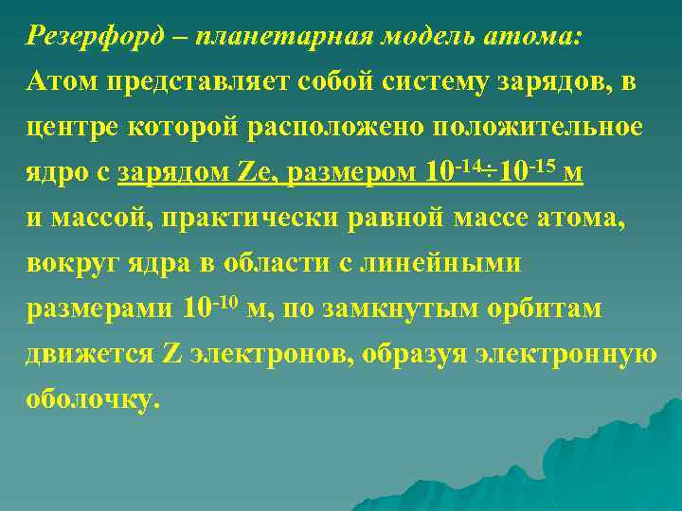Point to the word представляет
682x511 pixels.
[184, 82]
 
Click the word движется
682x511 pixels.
[90, 354]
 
